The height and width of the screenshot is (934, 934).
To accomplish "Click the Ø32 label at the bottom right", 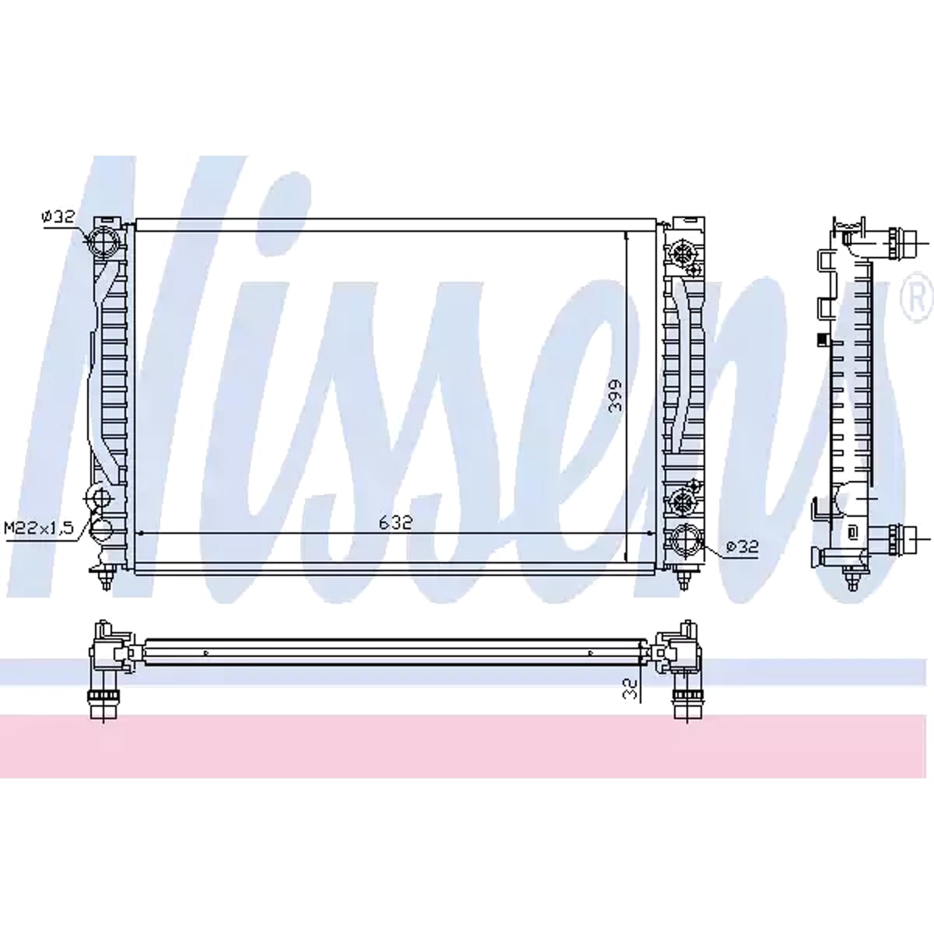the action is coord(742,547).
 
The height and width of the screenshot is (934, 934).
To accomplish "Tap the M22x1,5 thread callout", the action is coord(39,528).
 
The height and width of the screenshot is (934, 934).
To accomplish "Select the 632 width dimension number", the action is coord(395,522).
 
